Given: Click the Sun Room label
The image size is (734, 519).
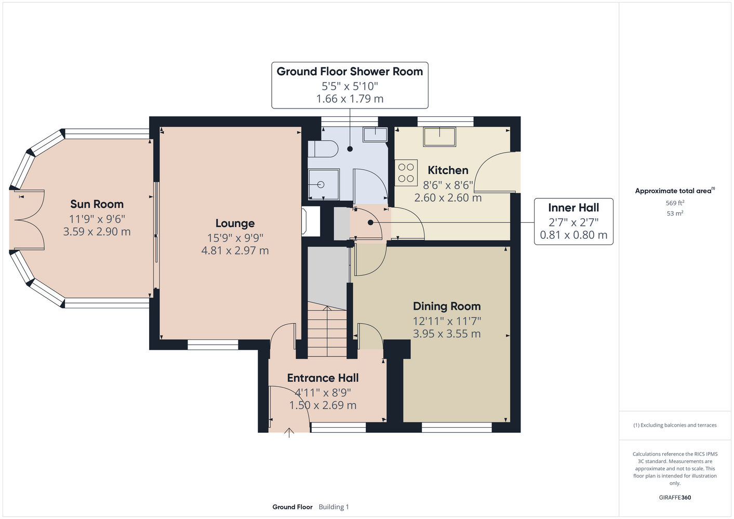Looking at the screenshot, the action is point(97,204).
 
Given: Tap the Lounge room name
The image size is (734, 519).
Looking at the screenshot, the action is point(235,223).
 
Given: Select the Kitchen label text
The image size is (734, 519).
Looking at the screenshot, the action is point(448,170).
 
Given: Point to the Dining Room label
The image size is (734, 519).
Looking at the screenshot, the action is point(447,306).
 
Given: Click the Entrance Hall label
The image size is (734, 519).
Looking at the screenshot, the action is point(323,378).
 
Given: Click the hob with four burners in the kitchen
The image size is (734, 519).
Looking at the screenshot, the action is point(406,172).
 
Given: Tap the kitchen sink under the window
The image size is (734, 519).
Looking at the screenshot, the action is point(439,137).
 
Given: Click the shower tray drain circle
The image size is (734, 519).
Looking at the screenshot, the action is point(321,185).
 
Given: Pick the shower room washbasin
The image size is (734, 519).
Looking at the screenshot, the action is point(375,134).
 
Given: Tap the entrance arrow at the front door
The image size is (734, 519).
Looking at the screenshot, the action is point(289,432).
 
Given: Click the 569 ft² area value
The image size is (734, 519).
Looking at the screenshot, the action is point(675,203).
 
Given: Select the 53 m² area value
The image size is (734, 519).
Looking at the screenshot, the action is point(675,213).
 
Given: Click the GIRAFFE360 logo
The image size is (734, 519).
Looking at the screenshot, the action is point(675,497).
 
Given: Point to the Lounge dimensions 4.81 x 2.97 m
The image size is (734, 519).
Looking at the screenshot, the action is point(235,251).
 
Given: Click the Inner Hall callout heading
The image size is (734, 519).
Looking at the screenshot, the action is point(573,208).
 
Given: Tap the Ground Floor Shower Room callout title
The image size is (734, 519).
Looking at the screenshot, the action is point(350,72).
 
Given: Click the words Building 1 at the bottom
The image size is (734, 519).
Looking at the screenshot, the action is point(333,507).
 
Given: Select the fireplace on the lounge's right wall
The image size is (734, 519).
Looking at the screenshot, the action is point(310,221).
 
